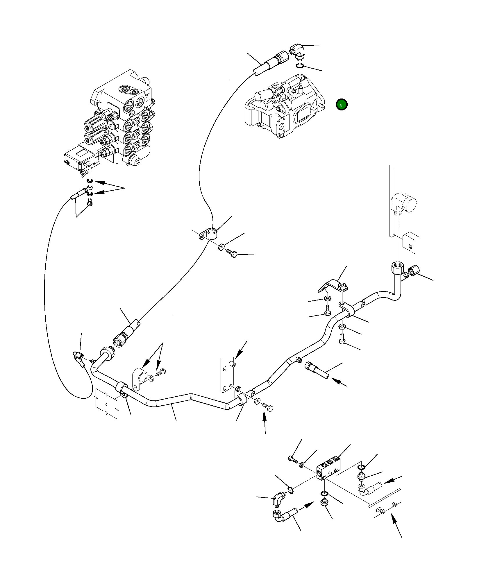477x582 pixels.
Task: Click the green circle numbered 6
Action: [341, 105]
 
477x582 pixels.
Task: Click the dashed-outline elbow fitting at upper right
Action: [404, 203]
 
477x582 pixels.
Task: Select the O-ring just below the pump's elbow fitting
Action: [300, 66]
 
